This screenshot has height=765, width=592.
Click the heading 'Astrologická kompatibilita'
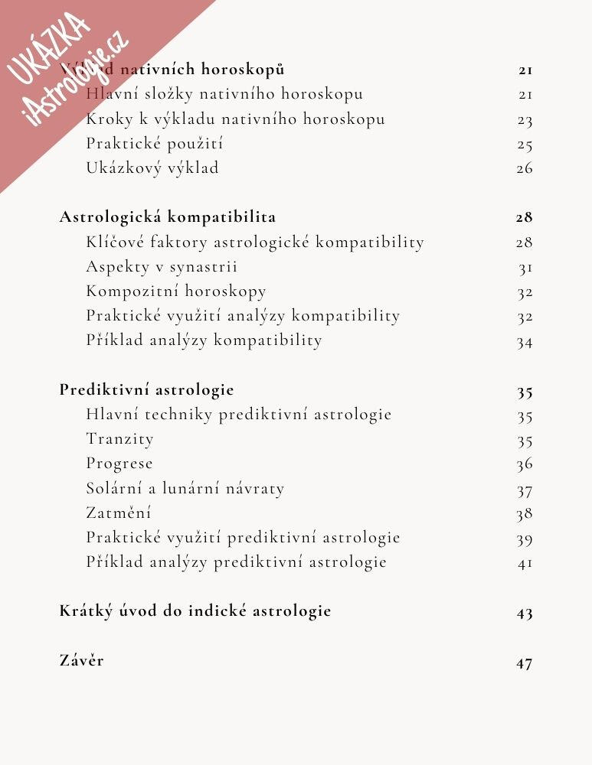pyautogui.click(x=168, y=217)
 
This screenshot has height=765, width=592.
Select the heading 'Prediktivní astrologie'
pyautogui.click(x=146, y=389)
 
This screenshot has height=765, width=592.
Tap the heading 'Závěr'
pyautogui.click(x=81, y=660)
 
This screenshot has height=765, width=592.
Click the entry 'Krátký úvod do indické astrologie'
pyautogui.click(x=195, y=611)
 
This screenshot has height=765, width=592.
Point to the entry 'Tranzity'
pyautogui.click(x=119, y=439)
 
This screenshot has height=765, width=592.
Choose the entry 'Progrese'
pyautogui.click(x=119, y=464)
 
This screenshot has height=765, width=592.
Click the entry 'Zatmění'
pyautogui.click(x=119, y=513)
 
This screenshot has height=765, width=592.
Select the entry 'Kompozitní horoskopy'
pyautogui.click(x=176, y=291)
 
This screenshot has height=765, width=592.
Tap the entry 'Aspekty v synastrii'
pyautogui.click(x=162, y=267)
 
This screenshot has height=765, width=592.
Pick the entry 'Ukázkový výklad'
pyautogui.click(x=152, y=168)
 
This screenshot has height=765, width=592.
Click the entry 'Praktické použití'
pyautogui.click(x=155, y=144)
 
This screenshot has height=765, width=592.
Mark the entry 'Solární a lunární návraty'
pyautogui.click(x=185, y=488)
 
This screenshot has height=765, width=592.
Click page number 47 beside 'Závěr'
pyautogui.click(x=524, y=663)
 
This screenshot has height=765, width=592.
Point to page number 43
pyautogui.click(x=524, y=614)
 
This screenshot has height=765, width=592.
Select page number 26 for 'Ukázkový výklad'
pyautogui.click(x=524, y=168)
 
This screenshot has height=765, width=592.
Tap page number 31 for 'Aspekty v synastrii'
pyautogui.click(x=525, y=268)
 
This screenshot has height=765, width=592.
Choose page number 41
pyautogui.click(x=524, y=564)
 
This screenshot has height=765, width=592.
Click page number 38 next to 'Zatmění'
pyautogui.click(x=524, y=514)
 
